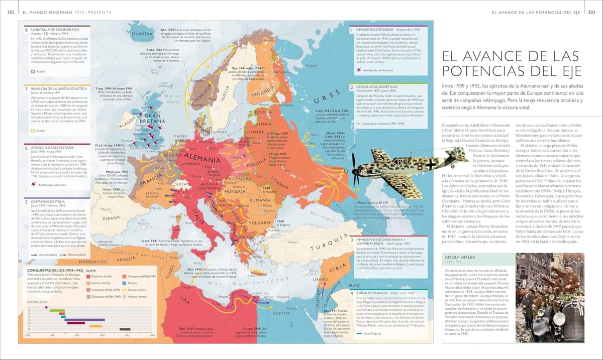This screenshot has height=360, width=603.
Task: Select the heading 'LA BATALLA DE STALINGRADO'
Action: (x=53, y=30)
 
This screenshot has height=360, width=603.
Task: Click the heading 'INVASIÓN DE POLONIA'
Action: (x=376, y=30)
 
